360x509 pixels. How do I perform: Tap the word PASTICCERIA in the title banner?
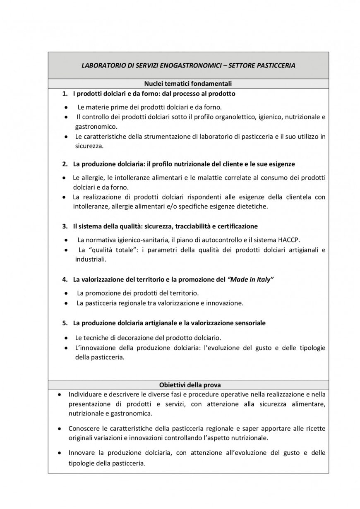click(276, 65)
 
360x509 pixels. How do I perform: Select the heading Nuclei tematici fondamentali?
click(188, 83)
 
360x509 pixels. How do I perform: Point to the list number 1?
click(65, 94)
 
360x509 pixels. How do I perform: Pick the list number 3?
click(65, 226)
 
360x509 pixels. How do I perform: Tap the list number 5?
click(65, 322)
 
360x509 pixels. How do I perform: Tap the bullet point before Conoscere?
click(60, 428)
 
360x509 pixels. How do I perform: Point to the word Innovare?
click(82, 453)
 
